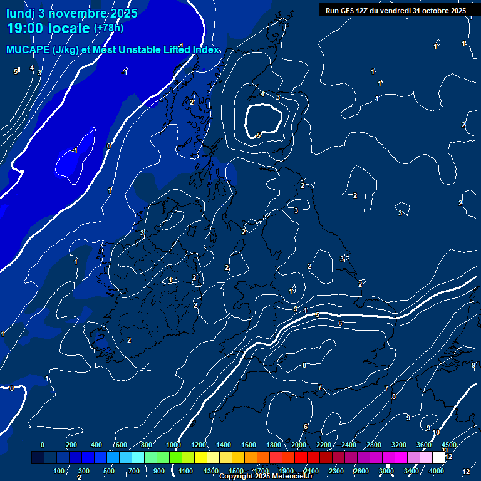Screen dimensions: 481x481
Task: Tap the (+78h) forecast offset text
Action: pos(108,28)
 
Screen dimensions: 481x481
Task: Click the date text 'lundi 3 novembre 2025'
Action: pos(72,13)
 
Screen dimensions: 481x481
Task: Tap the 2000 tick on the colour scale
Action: pos(299,445)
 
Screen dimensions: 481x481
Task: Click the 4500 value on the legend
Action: pos(448,445)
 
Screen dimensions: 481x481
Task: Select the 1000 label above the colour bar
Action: pos(173,445)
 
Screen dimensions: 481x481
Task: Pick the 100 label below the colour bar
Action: pos(59,470)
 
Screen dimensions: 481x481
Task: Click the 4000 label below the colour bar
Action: pos(437,470)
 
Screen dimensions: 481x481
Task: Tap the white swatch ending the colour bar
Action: pos(438,458)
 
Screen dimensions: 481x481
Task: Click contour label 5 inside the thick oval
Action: pos(259,135)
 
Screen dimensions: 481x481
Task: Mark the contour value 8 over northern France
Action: pos(304,365)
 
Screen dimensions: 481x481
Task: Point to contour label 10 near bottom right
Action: pos(436,432)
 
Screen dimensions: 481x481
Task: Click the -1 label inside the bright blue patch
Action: pos(74,150)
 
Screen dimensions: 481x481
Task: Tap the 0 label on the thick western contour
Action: pos(109,146)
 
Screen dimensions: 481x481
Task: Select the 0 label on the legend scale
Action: pos(43,445)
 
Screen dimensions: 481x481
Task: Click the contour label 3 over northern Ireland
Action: pos(142,233)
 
